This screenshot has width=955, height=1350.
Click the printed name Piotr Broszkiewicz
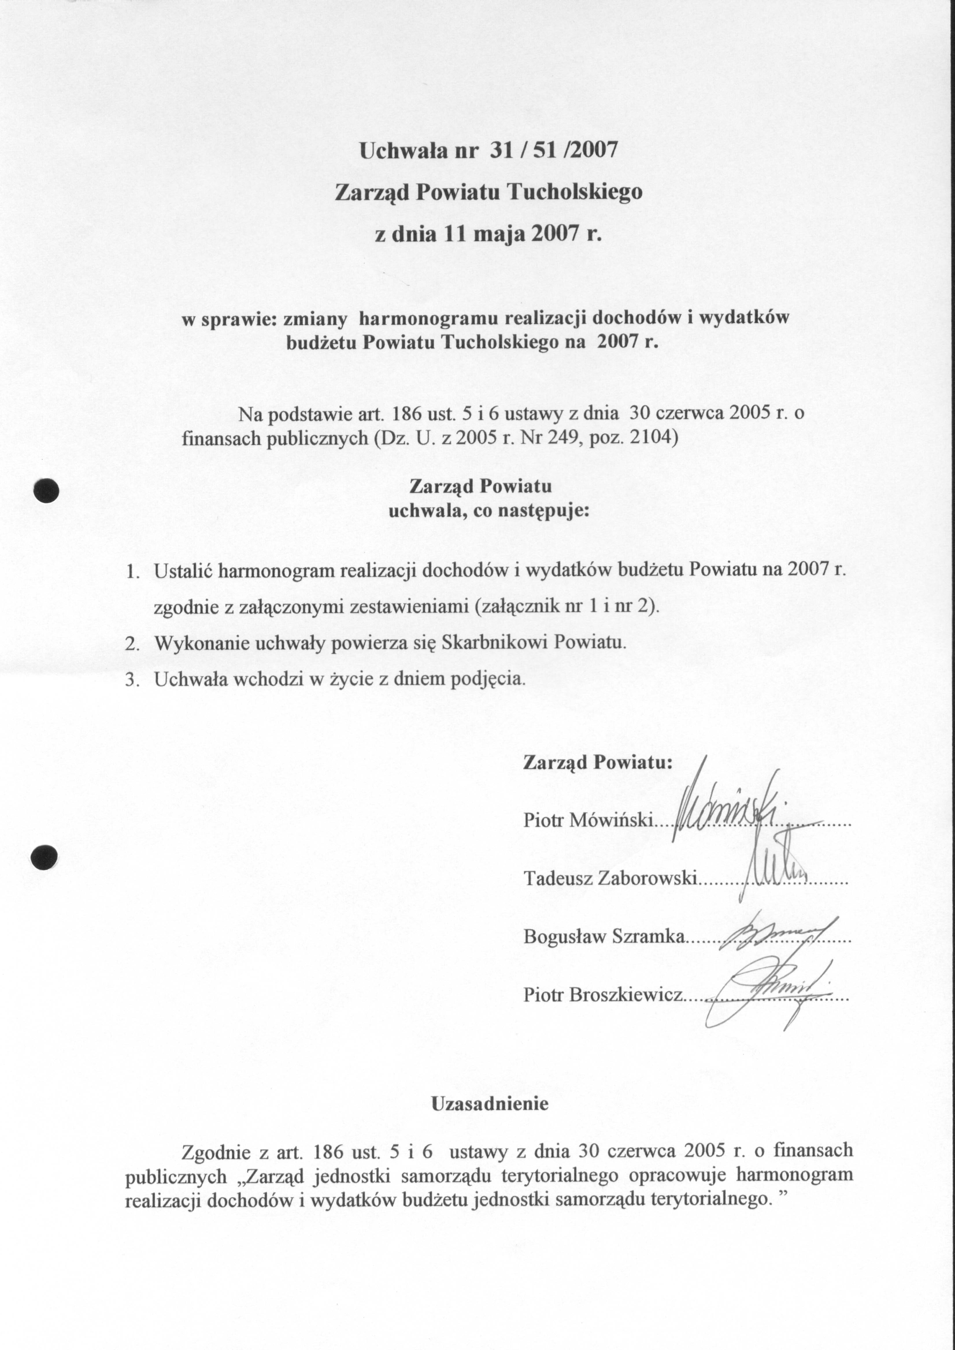click(x=603, y=995)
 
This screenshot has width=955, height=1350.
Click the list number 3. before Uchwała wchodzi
click(x=132, y=680)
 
